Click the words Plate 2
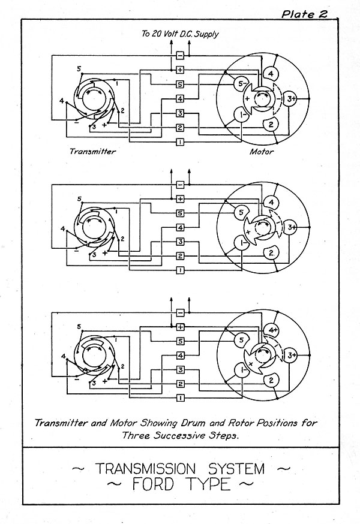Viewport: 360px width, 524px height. [304, 14]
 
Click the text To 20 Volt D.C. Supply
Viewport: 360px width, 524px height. [180, 34]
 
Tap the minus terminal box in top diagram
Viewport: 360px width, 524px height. [180, 56]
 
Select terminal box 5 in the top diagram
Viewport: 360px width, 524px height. [180, 84]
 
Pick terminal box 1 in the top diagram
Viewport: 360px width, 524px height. [180, 142]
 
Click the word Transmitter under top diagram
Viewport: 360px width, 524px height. [92, 152]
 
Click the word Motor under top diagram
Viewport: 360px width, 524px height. [262, 152]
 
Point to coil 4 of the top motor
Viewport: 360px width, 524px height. [271, 74]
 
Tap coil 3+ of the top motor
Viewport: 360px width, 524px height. [290, 99]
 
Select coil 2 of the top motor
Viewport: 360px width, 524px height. [271, 124]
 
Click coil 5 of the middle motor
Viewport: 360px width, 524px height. [241, 212]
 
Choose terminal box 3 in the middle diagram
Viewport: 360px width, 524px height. [180, 242]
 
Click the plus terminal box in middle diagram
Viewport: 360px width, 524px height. [180, 199]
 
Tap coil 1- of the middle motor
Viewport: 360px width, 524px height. [242, 243]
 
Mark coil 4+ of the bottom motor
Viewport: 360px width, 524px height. [271, 330]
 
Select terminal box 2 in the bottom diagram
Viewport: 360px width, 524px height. [180, 384]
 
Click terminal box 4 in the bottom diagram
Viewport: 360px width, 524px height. [180, 356]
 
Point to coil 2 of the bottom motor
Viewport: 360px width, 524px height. [271, 381]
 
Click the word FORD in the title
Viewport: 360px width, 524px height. [153, 484]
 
